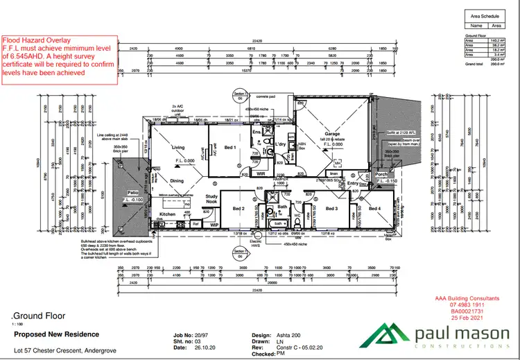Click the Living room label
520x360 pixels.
(178, 147)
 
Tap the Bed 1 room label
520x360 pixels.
(230, 147)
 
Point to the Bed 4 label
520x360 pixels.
(375, 209)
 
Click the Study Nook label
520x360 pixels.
(211, 199)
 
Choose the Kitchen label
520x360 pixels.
(168, 214)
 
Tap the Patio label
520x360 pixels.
(132, 194)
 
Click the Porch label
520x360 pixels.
(381, 174)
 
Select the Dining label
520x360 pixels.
(177, 181)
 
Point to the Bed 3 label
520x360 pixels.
(332, 208)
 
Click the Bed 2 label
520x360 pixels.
(239, 209)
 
